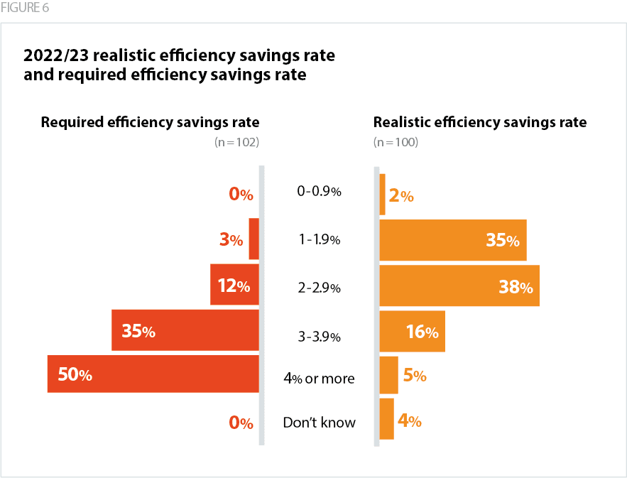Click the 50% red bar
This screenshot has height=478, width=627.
(153, 374)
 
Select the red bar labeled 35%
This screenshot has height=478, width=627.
(185, 330)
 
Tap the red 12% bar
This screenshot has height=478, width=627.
(234, 285)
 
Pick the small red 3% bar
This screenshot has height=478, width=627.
(253, 239)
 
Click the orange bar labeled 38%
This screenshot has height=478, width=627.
(459, 286)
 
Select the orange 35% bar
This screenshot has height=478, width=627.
(453, 240)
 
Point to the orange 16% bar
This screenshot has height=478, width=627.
(412, 331)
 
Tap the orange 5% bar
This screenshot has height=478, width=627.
(388, 375)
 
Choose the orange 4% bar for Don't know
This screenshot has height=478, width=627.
(386, 419)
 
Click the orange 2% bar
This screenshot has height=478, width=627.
(383, 195)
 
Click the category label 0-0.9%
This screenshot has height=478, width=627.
(319, 191)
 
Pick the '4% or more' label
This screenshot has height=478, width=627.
(319, 379)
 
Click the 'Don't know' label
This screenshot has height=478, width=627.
(319, 423)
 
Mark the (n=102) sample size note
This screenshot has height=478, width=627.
(236, 142)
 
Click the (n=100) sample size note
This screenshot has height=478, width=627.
(396, 142)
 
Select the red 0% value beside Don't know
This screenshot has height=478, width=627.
(241, 423)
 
